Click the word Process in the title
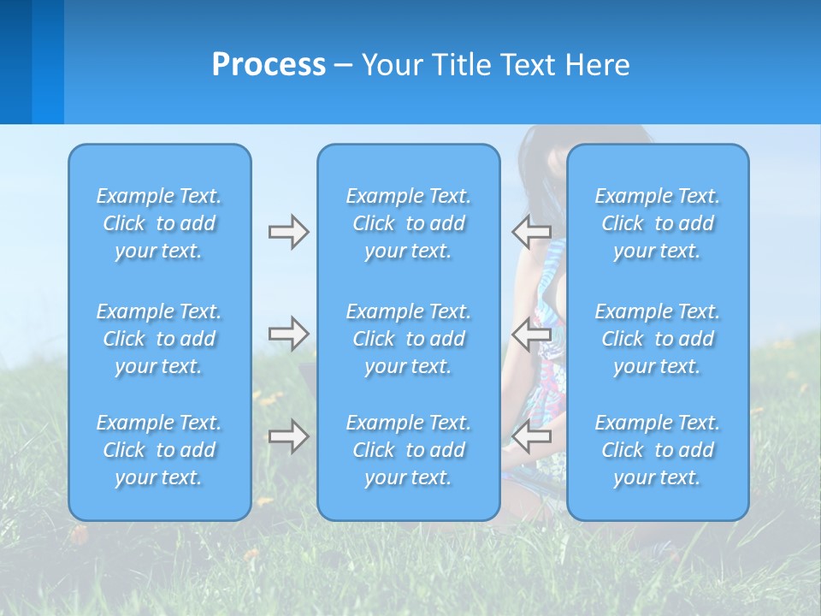click(269, 65)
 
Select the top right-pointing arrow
click(288, 232)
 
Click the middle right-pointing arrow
click(288, 334)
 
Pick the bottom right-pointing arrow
click(288, 437)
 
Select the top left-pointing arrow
click(531, 232)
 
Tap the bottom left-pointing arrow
click(531, 437)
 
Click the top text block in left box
click(159, 223)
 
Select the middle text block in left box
click(159, 339)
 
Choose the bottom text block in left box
click(159, 450)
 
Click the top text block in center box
click(409, 223)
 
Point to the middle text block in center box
click(409, 339)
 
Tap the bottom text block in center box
click(409, 450)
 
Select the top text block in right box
click(658, 223)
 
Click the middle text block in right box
click(658, 339)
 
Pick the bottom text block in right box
click(658, 450)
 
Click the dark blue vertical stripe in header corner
click(15, 62)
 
